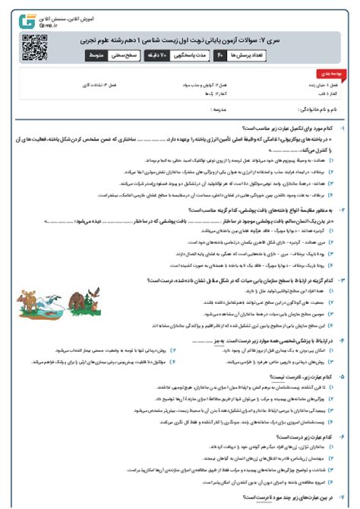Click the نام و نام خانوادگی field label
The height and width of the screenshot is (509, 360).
(327, 110)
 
